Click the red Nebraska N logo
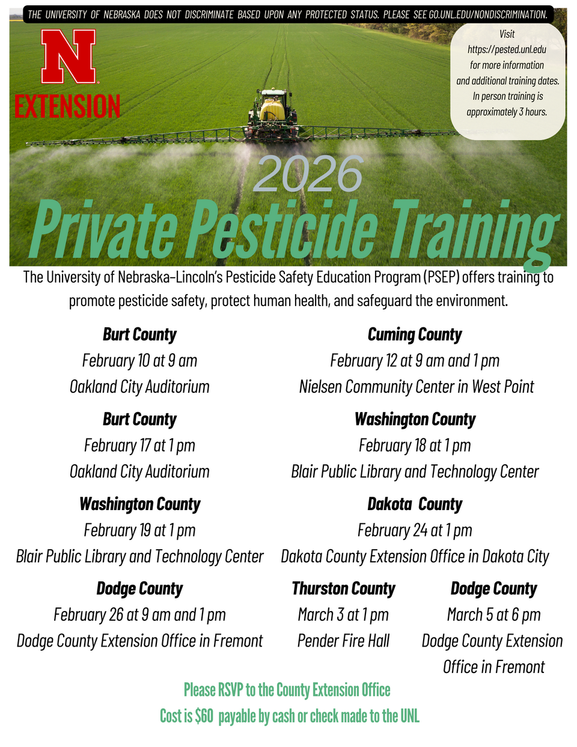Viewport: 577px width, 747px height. tap(69, 57)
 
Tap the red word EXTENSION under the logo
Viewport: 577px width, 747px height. tap(67, 106)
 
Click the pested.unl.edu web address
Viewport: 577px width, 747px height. tap(507, 50)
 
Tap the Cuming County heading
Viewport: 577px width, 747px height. tap(415, 334)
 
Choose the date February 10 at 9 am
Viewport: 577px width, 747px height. tap(139, 361)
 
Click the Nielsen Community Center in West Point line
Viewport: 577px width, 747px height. tap(416, 387)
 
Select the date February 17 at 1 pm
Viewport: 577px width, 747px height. tap(139, 446)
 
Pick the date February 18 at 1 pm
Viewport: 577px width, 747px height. tap(415, 446)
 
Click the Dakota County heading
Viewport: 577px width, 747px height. tap(415, 504)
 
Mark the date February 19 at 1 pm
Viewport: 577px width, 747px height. tap(139, 530)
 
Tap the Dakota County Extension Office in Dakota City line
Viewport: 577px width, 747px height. tap(415, 557)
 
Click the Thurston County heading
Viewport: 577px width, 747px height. tap(343, 589)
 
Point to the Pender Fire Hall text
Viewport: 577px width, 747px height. tap(343, 641)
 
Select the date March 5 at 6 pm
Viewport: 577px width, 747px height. tap(493, 615)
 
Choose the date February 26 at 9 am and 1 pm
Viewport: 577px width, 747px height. tap(139, 615)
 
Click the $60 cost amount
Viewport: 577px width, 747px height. tap(204, 716)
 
